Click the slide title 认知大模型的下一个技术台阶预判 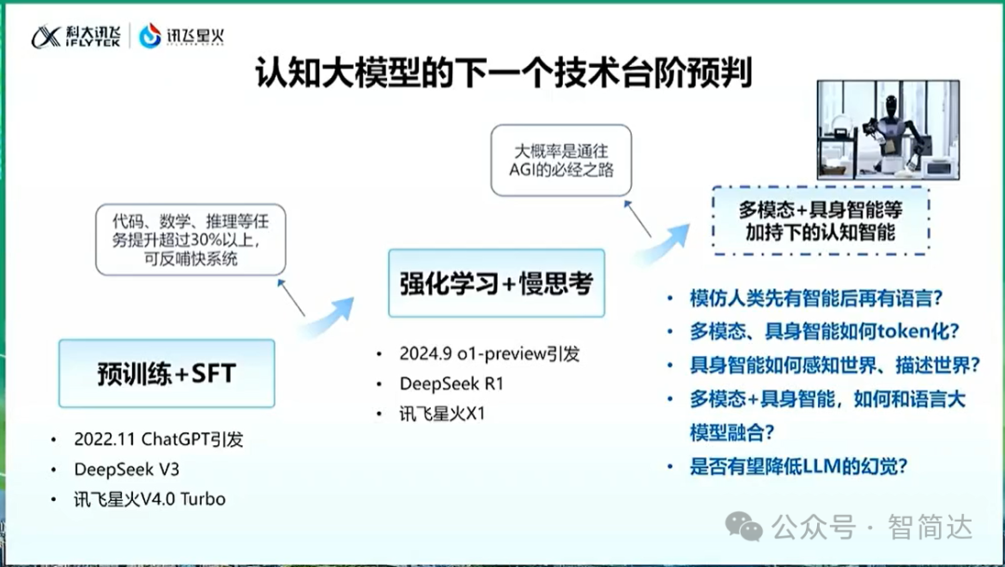(503, 73)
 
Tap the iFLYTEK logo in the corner (75, 36)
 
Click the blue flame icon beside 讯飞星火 (150, 36)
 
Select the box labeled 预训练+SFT (167, 374)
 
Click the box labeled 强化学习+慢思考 (496, 283)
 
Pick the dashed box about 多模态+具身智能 (821, 221)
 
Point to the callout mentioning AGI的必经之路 (561, 160)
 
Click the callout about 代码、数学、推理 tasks (191, 240)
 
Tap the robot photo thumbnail (888, 130)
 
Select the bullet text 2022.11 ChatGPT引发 (158, 439)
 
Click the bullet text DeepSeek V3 (127, 469)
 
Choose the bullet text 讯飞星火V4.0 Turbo (149, 498)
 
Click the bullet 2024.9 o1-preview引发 (489, 354)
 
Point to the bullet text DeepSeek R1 (451, 383)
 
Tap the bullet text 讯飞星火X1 (442, 414)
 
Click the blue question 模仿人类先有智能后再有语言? (816, 298)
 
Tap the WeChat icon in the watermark (744, 527)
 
